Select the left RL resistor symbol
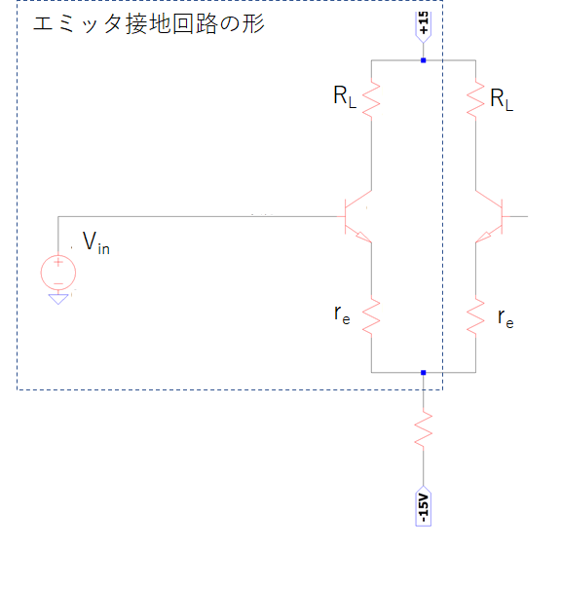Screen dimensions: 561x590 pos(371,99)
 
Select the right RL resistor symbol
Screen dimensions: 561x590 pos(475,99)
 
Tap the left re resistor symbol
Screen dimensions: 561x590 pos(371,316)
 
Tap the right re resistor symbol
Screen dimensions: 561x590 pos(475,316)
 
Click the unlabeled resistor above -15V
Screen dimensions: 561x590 pos(424,429)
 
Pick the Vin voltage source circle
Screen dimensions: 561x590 pos(58,273)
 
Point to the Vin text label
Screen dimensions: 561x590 pos(96,243)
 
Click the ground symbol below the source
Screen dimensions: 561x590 pos(58,299)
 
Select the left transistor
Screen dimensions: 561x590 pos(357,217)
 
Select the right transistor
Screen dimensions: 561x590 pos(490,217)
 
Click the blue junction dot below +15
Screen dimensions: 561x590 pos(424,60)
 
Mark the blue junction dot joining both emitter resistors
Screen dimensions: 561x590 pos(424,373)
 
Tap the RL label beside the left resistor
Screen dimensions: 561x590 pos(345,96)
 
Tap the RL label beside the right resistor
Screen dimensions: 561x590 pos(502,100)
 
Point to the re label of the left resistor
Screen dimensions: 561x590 pos(342,314)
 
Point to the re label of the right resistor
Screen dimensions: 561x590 pos(505,319)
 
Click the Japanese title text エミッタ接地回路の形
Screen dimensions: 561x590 pos(149,24)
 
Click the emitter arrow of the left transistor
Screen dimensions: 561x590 pos(363,237)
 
